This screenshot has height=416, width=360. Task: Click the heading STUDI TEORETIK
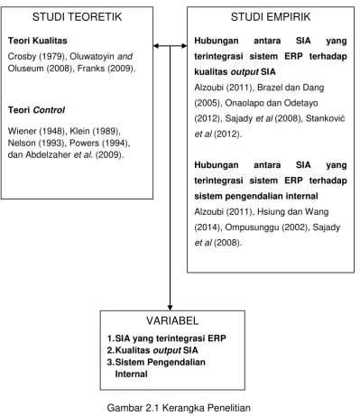click(77, 17)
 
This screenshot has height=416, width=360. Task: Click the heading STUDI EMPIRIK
click(271, 17)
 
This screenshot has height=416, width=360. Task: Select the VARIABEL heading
click(172, 320)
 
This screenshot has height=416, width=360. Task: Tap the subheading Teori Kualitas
click(38, 41)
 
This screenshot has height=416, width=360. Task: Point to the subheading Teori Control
click(36, 110)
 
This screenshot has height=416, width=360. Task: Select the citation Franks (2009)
click(106, 69)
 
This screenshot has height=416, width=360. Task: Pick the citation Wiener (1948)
click(36, 131)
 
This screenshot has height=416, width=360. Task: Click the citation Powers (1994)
click(99, 143)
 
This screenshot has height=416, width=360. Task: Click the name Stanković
click(325, 118)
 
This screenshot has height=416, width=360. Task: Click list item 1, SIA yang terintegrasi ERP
click(167, 338)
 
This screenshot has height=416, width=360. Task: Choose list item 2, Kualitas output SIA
click(152, 350)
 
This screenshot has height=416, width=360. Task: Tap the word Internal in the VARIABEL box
click(131, 374)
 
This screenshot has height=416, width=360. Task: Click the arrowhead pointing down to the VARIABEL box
click(171, 308)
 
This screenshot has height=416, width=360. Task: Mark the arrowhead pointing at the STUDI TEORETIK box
click(156, 46)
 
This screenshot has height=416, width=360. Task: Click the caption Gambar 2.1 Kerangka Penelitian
click(179, 408)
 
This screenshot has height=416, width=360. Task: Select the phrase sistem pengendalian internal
click(256, 196)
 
